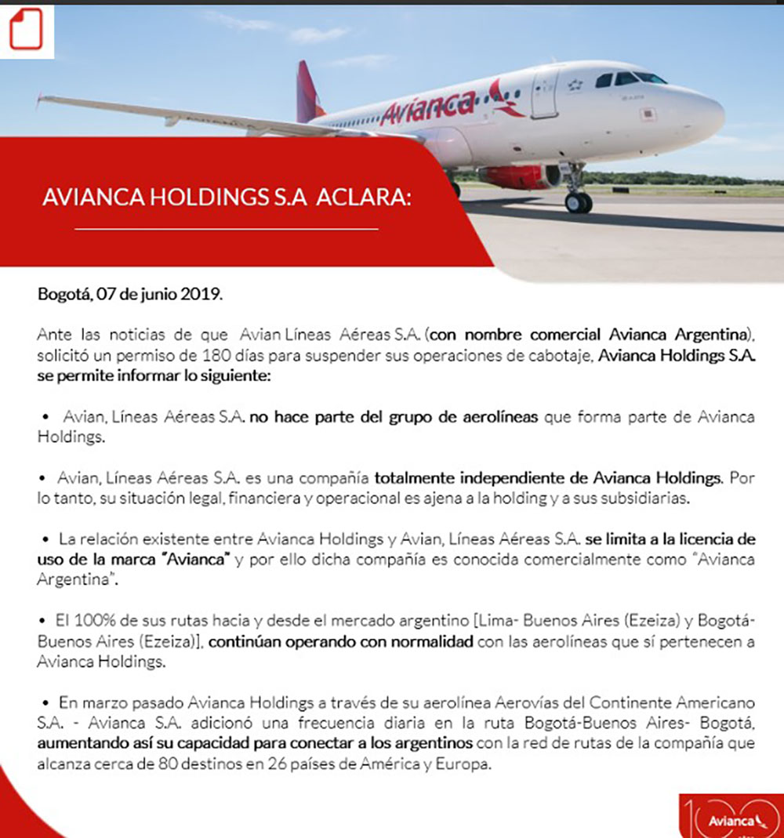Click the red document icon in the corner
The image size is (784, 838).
click(27, 29)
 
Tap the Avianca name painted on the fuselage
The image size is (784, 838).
click(428, 107)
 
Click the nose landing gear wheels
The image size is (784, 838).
click(579, 202)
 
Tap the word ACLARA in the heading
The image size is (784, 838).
click(363, 198)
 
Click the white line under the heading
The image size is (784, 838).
click(227, 229)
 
